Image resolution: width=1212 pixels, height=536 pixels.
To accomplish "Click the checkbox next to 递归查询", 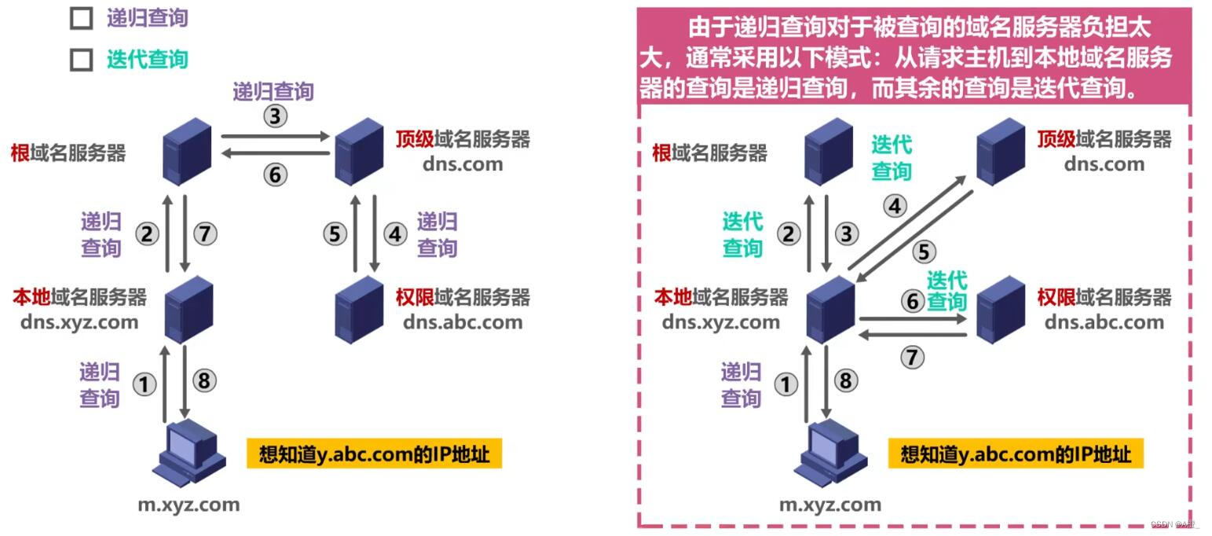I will (82, 18).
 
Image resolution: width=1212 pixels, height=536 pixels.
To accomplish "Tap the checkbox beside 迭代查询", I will (82, 60).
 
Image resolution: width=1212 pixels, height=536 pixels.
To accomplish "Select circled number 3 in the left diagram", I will (274, 116).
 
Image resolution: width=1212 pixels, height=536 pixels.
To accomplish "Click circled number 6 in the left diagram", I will (274, 174).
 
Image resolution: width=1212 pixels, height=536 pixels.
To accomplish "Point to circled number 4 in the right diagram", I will (895, 206).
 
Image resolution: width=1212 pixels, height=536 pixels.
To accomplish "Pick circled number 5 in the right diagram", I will (924, 251).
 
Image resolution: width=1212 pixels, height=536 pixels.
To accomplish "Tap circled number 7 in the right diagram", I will (911, 358).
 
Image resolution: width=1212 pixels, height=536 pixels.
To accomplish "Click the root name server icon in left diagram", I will (189, 151).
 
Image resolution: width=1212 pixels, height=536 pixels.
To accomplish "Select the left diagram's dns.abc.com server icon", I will (359, 307).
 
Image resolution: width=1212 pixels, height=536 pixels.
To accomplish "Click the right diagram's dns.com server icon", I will (1000, 151).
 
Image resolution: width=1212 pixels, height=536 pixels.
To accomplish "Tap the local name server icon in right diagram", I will (830, 309).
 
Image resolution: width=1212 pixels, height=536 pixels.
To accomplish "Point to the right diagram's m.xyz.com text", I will (829, 505).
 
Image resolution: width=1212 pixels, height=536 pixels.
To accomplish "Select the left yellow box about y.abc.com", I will (374, 454).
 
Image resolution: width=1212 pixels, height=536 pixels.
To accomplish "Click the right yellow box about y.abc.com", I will (1015, 454).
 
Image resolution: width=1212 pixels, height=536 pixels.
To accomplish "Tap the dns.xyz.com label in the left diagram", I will (79, 321).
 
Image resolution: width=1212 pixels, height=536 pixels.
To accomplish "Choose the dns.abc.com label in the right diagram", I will (1104, 321).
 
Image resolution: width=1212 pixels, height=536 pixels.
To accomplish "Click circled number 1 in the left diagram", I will (145, 384).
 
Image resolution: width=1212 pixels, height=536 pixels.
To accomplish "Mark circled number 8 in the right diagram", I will (845, 381).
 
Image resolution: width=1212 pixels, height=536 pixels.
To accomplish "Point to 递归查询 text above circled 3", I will (273, 91).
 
